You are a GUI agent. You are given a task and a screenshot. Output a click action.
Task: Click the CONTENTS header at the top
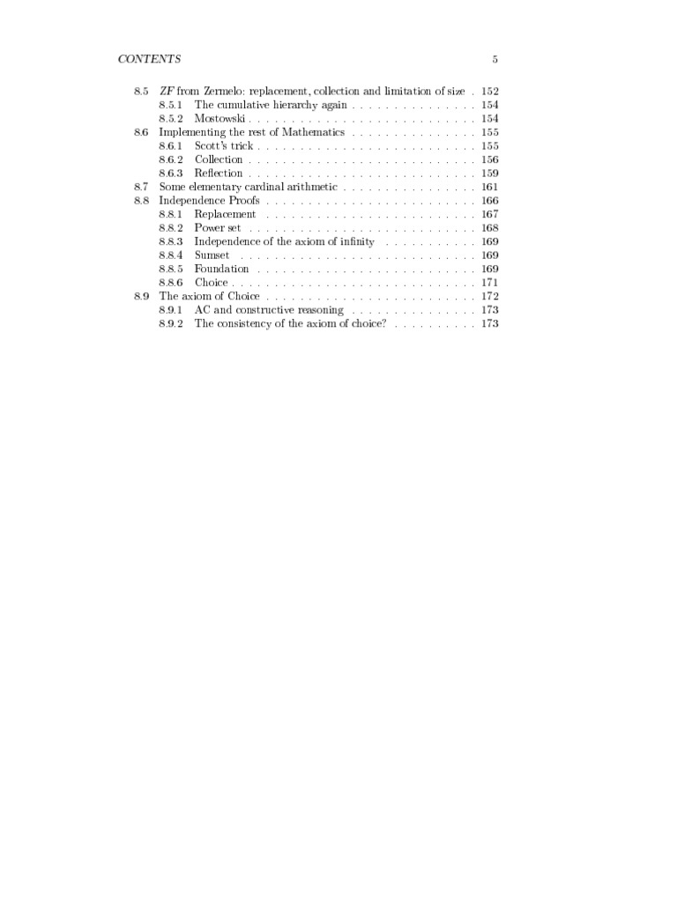click(x=149, y=59)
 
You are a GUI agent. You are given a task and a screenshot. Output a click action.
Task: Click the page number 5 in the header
click(x=495, y=59)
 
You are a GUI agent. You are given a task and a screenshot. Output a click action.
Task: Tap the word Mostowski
click(x=220, y=119)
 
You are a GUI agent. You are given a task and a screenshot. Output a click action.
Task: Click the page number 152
click(x=490, y=92)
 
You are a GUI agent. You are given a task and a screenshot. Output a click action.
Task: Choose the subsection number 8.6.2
click(x=170, y=159)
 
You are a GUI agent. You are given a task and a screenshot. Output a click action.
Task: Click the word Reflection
click(x=219, y=174)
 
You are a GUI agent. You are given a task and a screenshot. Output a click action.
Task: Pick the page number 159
click(x=490, y=174)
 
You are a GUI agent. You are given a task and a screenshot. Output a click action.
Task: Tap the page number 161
click(x=490, y=187)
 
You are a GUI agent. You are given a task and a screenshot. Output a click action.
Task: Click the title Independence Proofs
click(x=209, y=201)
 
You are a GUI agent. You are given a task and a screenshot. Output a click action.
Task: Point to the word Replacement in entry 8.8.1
click(x=225, y=214)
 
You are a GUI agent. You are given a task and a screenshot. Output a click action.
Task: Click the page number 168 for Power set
click(x=490, y=228)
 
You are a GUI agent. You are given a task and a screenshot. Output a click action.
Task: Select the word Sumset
click(x=212, y=255)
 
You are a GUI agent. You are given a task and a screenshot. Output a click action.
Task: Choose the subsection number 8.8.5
click(x=170, y=269)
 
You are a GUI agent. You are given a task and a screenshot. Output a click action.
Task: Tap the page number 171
click(x=490, y=283)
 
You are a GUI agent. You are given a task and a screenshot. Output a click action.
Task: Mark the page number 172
click(x=490, y=297)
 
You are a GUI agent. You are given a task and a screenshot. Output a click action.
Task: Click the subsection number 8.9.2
click(x=170, y=324)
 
